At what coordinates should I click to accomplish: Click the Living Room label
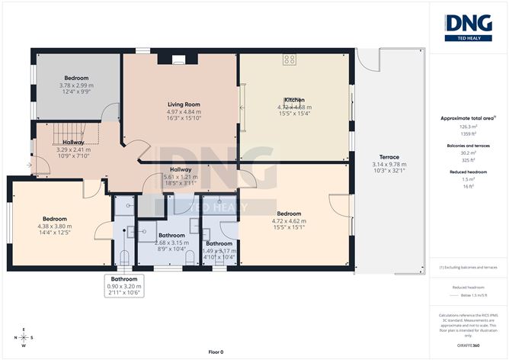(x=183, y=104)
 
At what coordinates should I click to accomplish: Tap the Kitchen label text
(x=295, y=100)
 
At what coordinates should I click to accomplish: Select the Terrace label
(x=389, y=157)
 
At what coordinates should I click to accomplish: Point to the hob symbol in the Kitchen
(x=290, y=59)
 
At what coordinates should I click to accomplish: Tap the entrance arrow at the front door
(x=29, y=163)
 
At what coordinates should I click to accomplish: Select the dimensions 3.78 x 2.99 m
(x=76, y=85)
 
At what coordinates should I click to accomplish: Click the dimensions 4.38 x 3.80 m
(x=54, y=226)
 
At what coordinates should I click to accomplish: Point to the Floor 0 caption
(x=216, y=352)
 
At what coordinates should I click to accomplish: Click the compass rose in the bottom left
(x=24, y=338)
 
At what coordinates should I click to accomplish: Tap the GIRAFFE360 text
(x=468, y=346)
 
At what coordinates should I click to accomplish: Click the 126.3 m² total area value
(x=468, y=127)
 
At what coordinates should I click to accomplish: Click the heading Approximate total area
(x=467, y=118)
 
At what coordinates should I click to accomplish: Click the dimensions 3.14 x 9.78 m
(x=389, y=165)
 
